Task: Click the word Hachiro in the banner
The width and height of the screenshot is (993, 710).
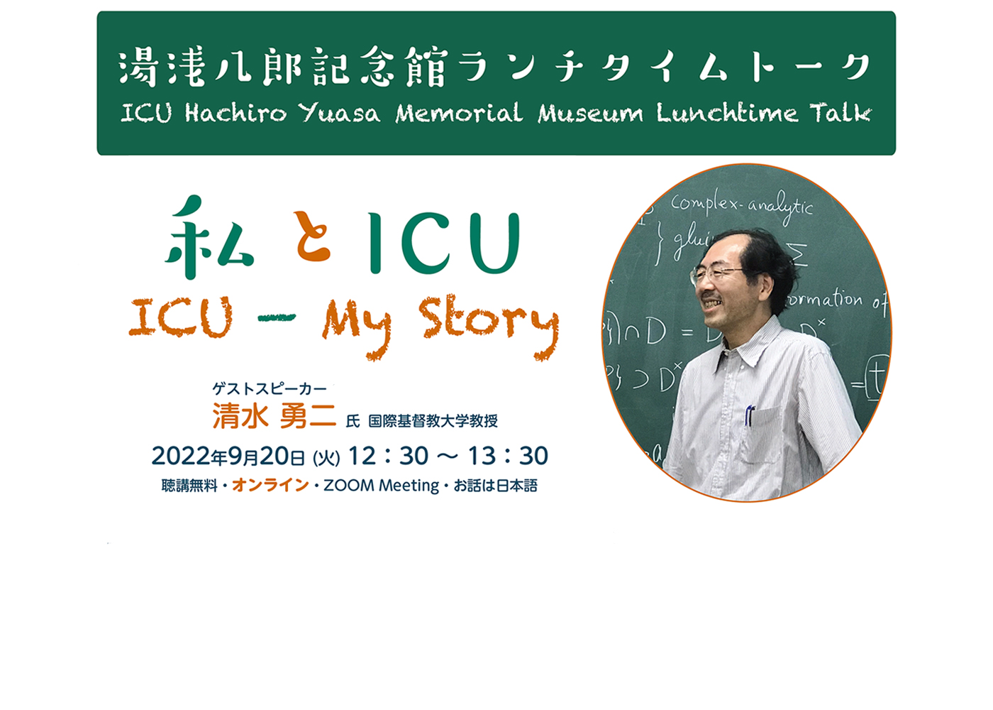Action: [x=235, y=113]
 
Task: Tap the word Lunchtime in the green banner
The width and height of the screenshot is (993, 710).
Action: [x=728, y=113]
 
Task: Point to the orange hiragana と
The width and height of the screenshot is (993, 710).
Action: [x=313, y=236]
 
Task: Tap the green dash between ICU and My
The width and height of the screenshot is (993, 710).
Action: [x=277, y=317]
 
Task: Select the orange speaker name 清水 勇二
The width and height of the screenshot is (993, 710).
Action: [x=274, y=416]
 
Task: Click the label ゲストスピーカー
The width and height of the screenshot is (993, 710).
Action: [x=269, y=389]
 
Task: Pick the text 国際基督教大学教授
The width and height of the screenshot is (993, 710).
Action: [x=433, y=420]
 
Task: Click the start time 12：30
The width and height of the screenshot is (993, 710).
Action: [x=389, y=456]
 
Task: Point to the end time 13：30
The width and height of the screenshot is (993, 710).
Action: [x=509, y=456]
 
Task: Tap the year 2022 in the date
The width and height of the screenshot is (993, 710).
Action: [x=181, y=456]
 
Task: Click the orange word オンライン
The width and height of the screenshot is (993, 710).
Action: [x=270, y=486]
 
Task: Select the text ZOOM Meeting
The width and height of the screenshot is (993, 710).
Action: [x=382, y=486]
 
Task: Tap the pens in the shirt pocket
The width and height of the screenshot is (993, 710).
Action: [x=749, y=415]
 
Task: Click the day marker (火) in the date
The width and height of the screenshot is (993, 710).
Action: [x=326, y=457]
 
